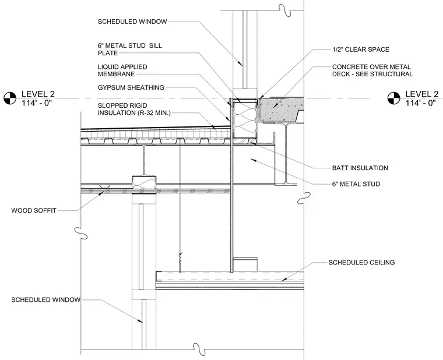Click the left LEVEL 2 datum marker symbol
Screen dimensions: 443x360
point(10,98)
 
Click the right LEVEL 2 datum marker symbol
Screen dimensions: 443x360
point(393,98)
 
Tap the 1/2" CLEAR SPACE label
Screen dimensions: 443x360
point(361,50)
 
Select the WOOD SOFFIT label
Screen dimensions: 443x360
point(34,210)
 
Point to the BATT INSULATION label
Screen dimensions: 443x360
point(360,168)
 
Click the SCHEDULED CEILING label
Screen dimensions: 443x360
point(361,262)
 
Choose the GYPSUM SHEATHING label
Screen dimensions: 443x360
point(131,87)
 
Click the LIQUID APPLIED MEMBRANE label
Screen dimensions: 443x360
point(122,70)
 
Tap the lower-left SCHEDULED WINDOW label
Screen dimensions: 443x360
point(46,299)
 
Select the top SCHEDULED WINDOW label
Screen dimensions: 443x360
point(132,22)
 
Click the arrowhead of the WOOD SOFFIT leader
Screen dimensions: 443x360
point(101,194)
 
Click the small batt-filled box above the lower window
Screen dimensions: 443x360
point(144,182)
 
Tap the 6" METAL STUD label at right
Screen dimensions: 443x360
point(356,184)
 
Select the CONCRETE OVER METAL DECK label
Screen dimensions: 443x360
point(372,70)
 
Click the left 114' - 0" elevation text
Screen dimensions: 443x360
point(37,103)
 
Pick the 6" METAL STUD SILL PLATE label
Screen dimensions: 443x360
point(129,50)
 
